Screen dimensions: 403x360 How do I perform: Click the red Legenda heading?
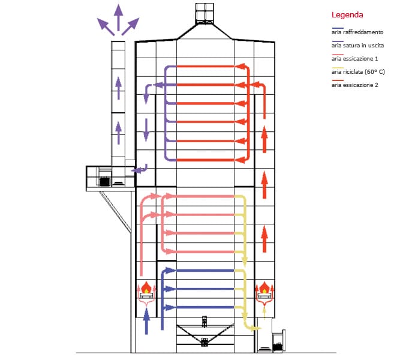point(347,15)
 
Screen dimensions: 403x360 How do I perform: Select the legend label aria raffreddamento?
point(357,32)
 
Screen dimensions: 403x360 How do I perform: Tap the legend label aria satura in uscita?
point(357,46)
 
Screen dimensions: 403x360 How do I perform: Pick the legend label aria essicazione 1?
point(354,59)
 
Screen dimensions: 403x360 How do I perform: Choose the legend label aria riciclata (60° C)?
point(358,72)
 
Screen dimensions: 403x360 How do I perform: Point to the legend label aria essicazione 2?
point(354,85)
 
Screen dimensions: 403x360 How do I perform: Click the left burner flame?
point(146,287)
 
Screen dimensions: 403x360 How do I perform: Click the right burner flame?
point(264,287)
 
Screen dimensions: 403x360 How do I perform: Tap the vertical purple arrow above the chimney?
point(118,17)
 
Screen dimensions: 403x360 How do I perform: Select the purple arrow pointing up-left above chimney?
point(106,26)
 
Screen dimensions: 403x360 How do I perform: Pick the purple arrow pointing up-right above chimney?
point(131,26)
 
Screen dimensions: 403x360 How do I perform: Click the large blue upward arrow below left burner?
point(146,322)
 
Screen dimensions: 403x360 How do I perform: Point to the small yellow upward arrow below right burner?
point(264,313)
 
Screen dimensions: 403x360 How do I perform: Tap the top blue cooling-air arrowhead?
point(170,270)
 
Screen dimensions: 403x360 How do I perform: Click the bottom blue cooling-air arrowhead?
point(170,307)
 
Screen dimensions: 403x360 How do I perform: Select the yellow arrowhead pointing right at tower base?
point(256,328)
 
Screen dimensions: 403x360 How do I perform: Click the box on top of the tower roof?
point(204,13)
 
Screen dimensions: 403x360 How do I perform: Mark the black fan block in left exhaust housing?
point(105,182)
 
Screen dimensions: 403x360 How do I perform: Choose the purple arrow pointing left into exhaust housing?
point(140,169)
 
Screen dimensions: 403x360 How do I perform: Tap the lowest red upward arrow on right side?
point(264,239)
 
